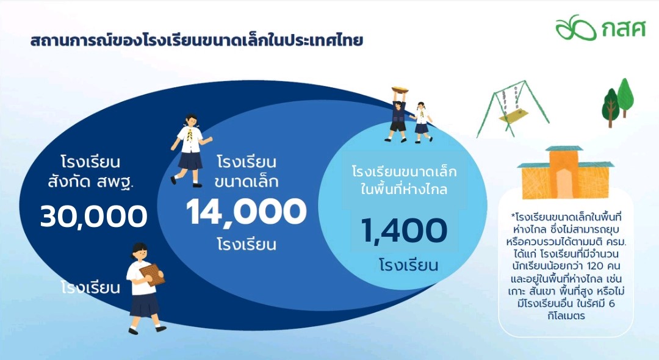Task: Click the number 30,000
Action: (94, 217)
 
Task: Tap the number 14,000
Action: (247, 212)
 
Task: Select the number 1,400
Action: (404, 231)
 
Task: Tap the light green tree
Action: (625, 96)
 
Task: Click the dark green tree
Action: (610, 109)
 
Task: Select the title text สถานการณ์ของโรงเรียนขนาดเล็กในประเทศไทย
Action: (196, 41)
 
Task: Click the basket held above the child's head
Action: (400, 90)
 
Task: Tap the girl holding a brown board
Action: (145, 288)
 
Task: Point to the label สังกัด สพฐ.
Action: (90, 182)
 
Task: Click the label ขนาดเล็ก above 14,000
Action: (247, 181)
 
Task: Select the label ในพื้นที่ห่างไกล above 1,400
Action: (404, 189)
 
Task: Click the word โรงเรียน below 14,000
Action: (247, 245)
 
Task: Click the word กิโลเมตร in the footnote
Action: (566, 315)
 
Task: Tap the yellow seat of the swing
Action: (513, 115)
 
